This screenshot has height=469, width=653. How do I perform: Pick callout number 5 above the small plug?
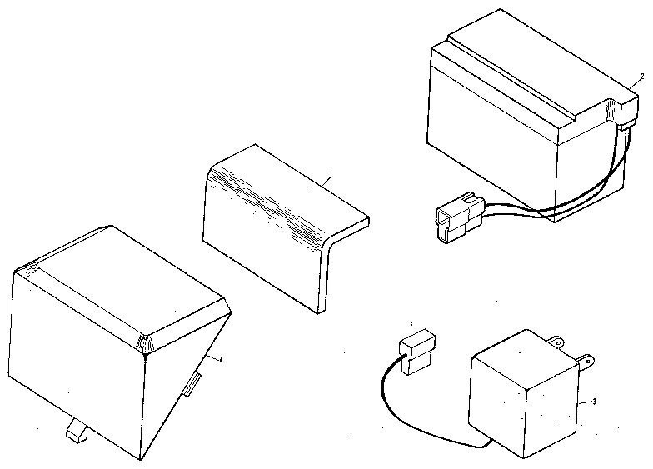410,323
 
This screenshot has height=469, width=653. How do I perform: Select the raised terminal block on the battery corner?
613,110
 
